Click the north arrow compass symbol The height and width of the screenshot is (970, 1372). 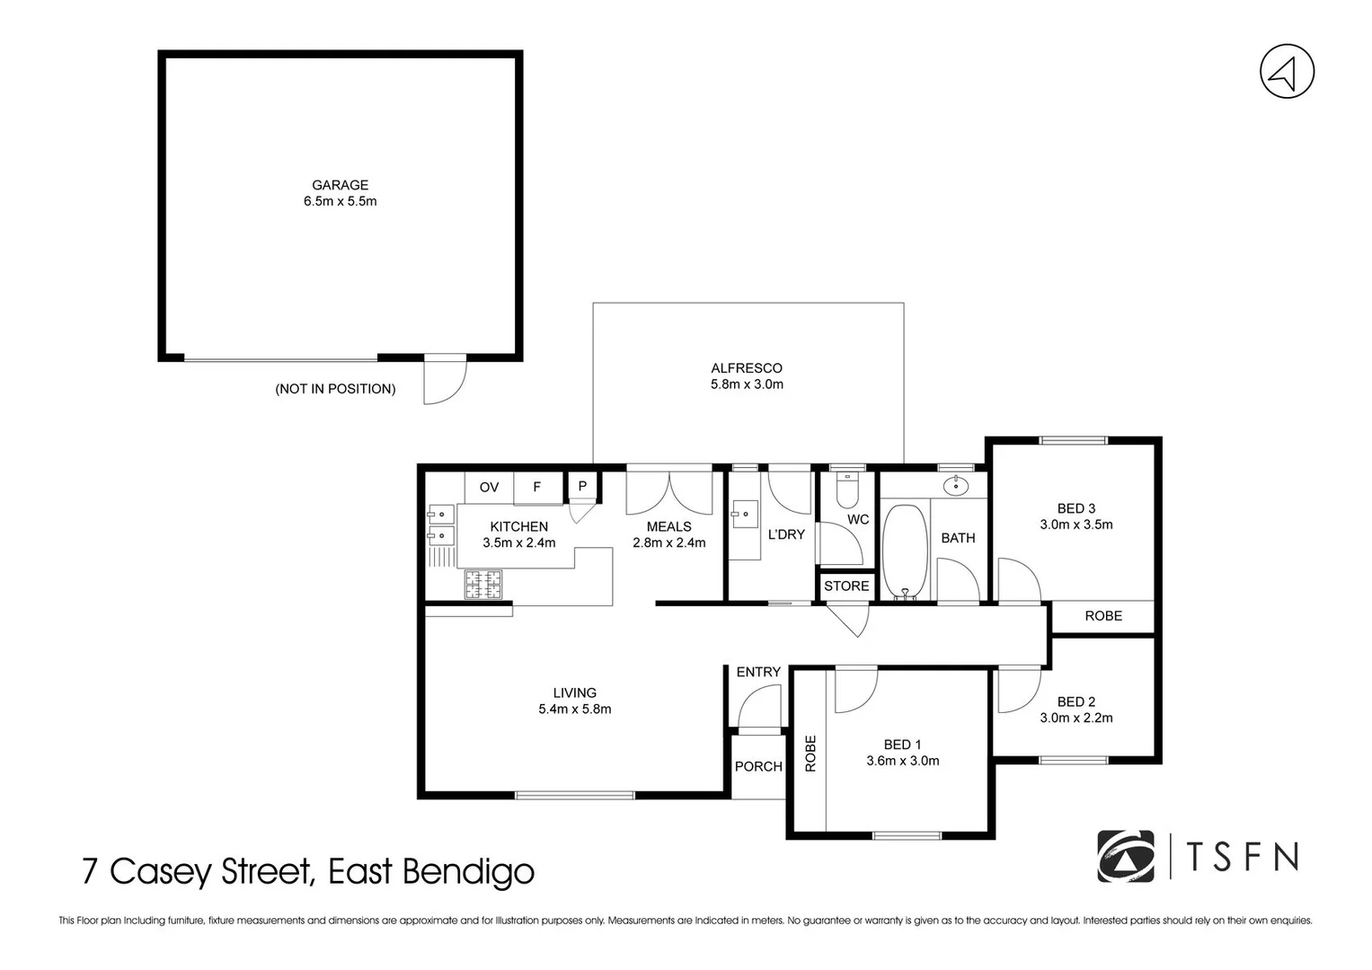[1287, 71]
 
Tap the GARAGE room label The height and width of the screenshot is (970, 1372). [340, 185]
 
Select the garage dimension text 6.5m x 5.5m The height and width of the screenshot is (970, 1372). [340, 201]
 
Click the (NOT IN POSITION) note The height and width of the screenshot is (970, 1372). [335, 389]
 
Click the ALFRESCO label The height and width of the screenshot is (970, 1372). [746, 367]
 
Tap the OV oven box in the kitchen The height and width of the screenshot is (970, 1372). [489, 487]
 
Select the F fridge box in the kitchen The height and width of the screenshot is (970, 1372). [537, 487]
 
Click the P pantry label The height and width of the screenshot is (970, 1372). [582, 486]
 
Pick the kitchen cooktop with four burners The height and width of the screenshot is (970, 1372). [482, 586]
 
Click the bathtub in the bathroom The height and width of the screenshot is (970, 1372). [904, 550]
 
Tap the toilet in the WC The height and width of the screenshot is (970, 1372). [847, 490]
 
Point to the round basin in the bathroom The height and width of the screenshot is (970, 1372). [956, 486]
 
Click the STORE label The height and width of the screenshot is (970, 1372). [846, 586]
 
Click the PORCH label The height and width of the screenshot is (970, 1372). [758, 766]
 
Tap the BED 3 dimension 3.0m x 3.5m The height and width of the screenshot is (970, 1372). [1075, 525]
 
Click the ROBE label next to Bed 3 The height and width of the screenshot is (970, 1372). [1102, 615]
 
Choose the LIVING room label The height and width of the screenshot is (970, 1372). [574, 692]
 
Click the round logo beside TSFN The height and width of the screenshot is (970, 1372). [1125, 857]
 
